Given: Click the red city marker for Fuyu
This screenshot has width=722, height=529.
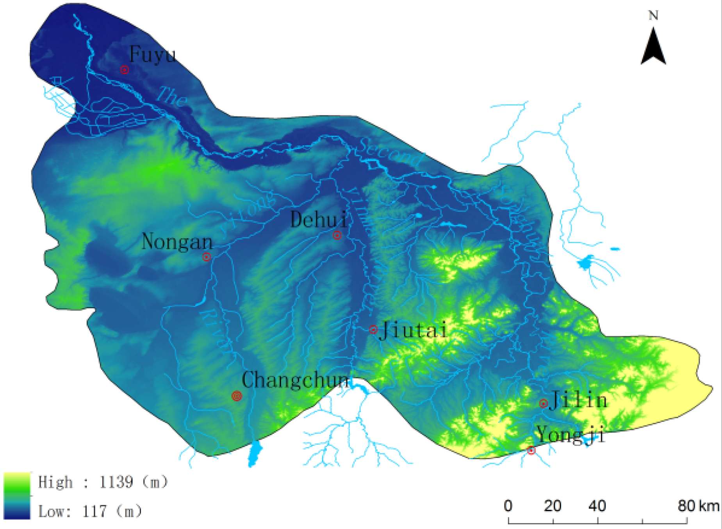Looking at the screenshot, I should pyautogui.click(x=124, y=70).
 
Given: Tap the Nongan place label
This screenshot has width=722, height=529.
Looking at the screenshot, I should pyautogui.click(x=177, y=241).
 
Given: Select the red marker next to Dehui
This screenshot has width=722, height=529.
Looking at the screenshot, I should pyautogui.click(x=337, y=235).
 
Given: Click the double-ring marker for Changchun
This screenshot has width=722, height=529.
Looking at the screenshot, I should pyautogui.click(x=237, y=396).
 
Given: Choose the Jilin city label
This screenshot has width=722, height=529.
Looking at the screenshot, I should pyautogui.click(x=578, y=400).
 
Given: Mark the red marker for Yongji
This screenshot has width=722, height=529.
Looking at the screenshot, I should pyautogui.click(x=531, y=451).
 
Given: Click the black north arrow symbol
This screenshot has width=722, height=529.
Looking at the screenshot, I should pyautogui.click(x=653, y=47).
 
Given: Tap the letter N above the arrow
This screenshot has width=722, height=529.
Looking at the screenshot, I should pyautogui.click(x=653, y=16).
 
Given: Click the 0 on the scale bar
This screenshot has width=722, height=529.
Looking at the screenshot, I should pyautogui.click(x=508, y=506).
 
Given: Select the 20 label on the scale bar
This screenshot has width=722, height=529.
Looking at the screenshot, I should pyautogui.click(x=553, y=506).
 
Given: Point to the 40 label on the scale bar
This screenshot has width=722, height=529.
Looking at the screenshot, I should pyautogui.click(x=597, y=506).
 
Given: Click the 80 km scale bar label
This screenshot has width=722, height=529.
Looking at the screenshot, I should pyautogui.click(x=698, y=506).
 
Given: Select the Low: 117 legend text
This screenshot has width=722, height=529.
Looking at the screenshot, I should pyautogui.click(x=90, y=511).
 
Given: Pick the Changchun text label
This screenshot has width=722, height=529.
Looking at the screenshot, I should pyautogui.click(x=295, y=380).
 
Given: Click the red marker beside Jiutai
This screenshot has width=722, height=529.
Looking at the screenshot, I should pyautogui.click(x=373, y=330).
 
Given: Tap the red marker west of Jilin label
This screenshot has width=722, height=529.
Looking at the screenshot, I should pyautogui.click(x=543, y=403).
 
